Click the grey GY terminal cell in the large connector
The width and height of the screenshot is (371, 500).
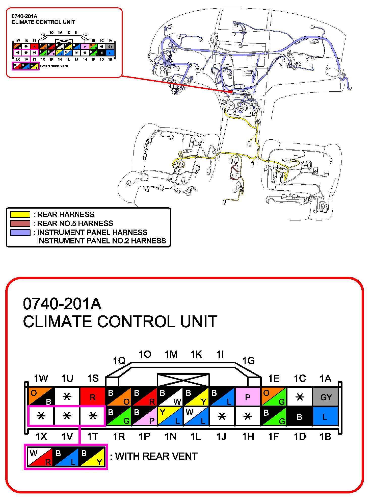click(x=326, y=397)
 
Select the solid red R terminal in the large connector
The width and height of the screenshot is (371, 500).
click(x=93, y=397)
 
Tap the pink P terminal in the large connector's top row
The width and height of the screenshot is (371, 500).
click(x=248, y=397)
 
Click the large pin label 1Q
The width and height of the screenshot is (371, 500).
click(x=119, y=361)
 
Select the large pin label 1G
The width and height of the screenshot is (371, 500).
click(x=248, y=361)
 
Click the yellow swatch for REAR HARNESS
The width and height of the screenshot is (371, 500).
click(x=20, y=215)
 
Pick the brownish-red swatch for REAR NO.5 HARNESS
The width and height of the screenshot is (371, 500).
click(x=20, y=223)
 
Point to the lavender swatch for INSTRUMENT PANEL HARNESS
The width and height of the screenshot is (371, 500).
click(x=20, y=233)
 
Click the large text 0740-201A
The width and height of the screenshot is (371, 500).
click(x=62, y=304)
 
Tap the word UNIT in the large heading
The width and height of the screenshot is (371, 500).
click(x=198, y=321)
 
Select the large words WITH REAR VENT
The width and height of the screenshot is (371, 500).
click(x=156, y=457)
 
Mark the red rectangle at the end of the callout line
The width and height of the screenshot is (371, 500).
click(x=230, y=92)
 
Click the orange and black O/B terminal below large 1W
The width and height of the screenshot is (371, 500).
click(x=41, y=397)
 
